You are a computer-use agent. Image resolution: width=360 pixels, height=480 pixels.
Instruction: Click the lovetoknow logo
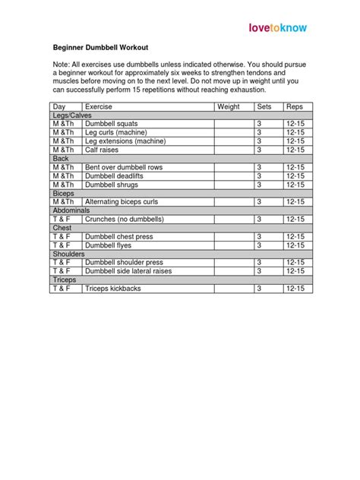click(279, 28)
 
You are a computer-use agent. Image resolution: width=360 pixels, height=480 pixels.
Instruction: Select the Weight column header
click(229, 106)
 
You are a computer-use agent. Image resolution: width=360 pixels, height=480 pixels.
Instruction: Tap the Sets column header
click(264, 106)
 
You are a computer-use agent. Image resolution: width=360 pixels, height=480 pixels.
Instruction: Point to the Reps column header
click(295, 106)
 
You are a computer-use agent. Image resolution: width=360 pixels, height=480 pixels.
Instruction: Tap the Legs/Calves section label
click(72, 115)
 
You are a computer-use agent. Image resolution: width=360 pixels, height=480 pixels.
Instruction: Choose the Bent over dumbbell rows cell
click(124, 167)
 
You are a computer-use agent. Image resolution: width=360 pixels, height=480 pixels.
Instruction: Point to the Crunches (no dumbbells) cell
click(124, 219)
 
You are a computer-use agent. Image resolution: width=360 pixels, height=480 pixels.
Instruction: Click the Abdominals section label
click(72, 210)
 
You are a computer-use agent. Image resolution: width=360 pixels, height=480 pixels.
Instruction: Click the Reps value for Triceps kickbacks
click(295, 289)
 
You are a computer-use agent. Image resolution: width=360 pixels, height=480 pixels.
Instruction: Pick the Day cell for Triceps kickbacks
click(61, 289)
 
